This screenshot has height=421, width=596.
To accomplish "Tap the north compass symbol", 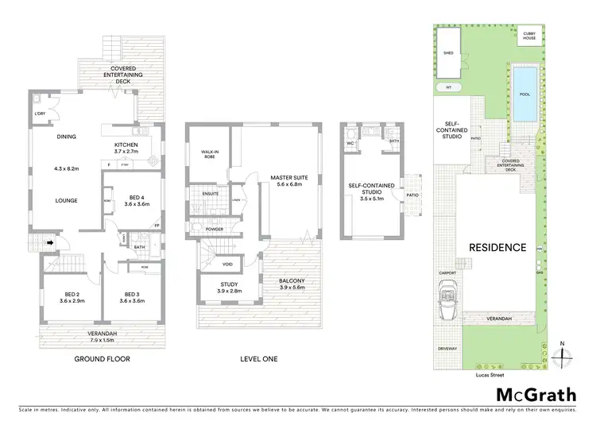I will (x=563, y=354).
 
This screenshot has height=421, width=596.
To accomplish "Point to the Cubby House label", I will (x=529, y=35).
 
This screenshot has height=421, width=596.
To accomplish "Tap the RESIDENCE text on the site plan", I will (x=496, y=247).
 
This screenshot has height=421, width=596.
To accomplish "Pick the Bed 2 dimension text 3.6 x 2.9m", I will (x=62, y=301).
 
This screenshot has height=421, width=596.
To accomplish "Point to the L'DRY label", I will (x=41, y=114).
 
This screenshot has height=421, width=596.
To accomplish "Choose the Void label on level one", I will (x=227, y=265).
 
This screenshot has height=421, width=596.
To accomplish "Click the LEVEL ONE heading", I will (x=258, y=358).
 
